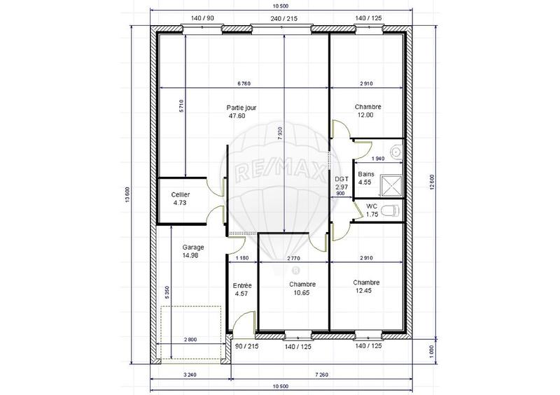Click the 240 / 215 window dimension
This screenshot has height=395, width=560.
284,18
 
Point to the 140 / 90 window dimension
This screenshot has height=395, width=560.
202,18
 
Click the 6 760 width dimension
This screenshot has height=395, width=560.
244,83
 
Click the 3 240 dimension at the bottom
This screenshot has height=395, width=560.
191,375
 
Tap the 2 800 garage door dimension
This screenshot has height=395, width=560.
191,339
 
